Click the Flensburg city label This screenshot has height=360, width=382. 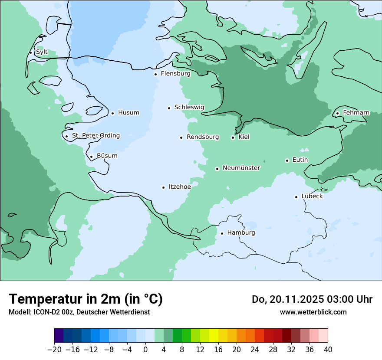[175, 74]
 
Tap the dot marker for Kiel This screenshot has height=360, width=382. [233, 137]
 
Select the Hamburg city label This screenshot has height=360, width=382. [241, 233]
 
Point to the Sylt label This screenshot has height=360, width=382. [42, 52]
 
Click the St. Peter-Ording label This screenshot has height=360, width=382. [95, 136]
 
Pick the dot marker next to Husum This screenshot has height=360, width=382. [112, 113]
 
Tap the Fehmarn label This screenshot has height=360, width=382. [356, 113]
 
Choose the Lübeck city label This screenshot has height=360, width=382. [312, 196]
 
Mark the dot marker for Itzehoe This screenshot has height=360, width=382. [163, 187]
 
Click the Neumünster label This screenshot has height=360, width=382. [241, 168]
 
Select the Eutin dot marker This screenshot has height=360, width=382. [287, 160]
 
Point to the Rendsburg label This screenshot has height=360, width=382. [203, 137]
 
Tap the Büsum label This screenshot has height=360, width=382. [107, 156]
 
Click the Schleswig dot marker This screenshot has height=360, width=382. [169, 108]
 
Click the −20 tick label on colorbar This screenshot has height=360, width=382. [54, 350]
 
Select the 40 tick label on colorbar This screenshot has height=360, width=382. [328, 350]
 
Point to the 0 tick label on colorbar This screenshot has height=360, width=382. [145, 350]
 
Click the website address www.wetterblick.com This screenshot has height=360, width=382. [313, 312]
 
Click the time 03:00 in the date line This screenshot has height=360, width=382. [337, 299]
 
